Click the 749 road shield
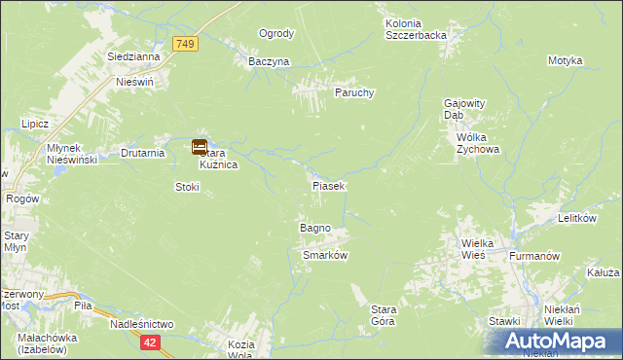pos(185,44)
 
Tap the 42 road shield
pos(149,342)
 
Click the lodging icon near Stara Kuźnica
pos(199,147)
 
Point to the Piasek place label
pos(329,185)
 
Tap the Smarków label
pos(326,255)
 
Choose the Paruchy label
pos(355,93)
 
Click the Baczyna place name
pos(269,61)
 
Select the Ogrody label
pos(276,34)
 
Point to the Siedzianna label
pos(134,57)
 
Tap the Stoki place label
pos(187,186)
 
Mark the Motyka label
pos(565,60)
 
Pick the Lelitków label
pos(576,219)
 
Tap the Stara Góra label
pos(383,315)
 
